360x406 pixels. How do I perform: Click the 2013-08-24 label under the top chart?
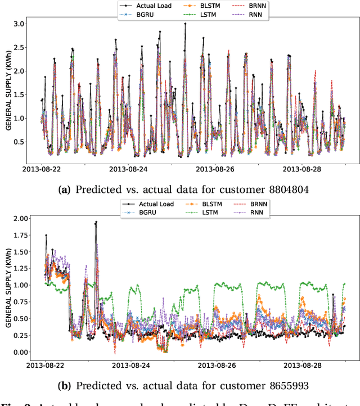coord(129,168)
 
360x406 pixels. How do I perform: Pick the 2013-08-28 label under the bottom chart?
coord(302,365)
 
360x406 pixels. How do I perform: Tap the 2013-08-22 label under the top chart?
coord(43,168)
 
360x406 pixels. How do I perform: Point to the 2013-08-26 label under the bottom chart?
coord(216,365)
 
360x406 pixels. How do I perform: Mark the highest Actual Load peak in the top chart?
coord(185,24)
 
